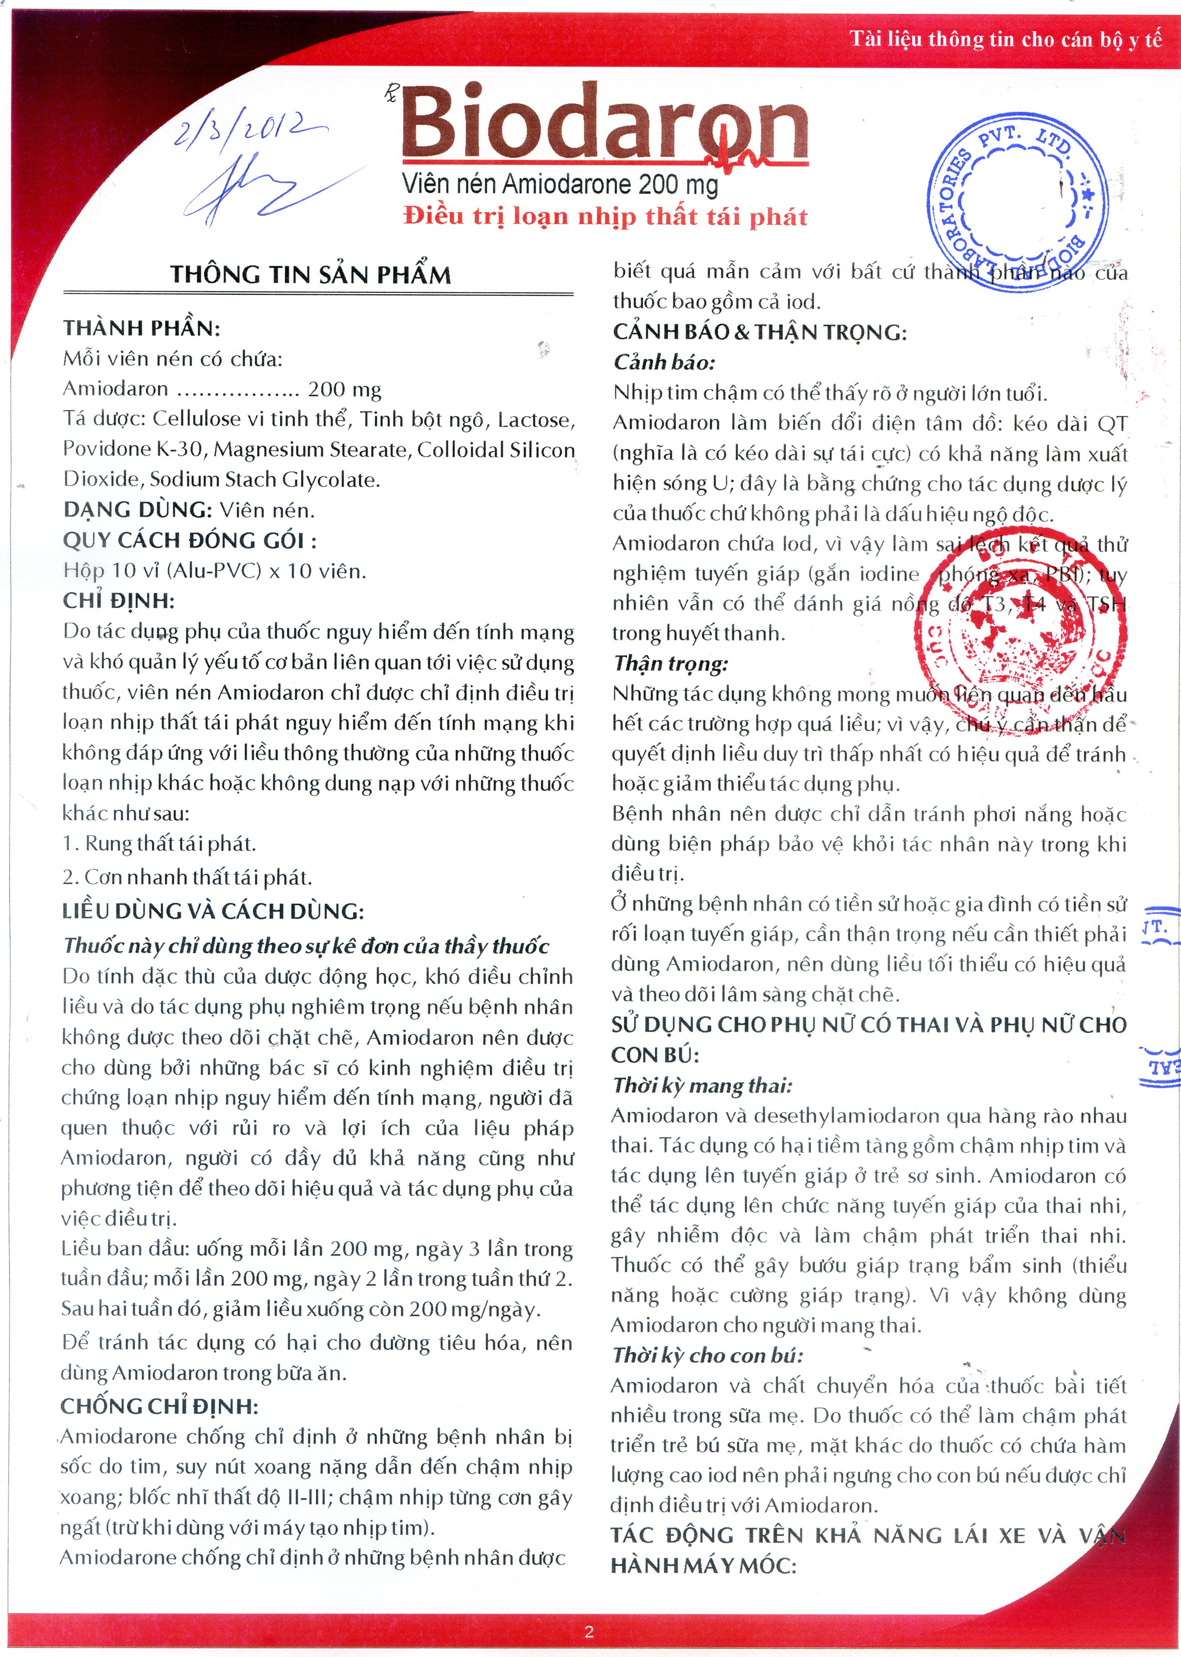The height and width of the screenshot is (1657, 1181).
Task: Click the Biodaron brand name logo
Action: [603, 122]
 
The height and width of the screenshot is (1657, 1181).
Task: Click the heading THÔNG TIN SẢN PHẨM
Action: [311, 275]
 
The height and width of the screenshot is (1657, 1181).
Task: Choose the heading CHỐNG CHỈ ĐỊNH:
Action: [159, 1406]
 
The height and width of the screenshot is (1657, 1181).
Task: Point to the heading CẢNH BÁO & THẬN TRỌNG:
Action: [759, 332]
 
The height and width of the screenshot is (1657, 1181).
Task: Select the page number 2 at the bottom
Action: [589, 1632]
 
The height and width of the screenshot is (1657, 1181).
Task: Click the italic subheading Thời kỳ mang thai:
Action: [702, 1086]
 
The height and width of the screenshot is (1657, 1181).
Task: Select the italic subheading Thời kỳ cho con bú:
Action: [707, 1355]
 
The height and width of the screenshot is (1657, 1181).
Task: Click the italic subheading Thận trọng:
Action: [670, 663]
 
